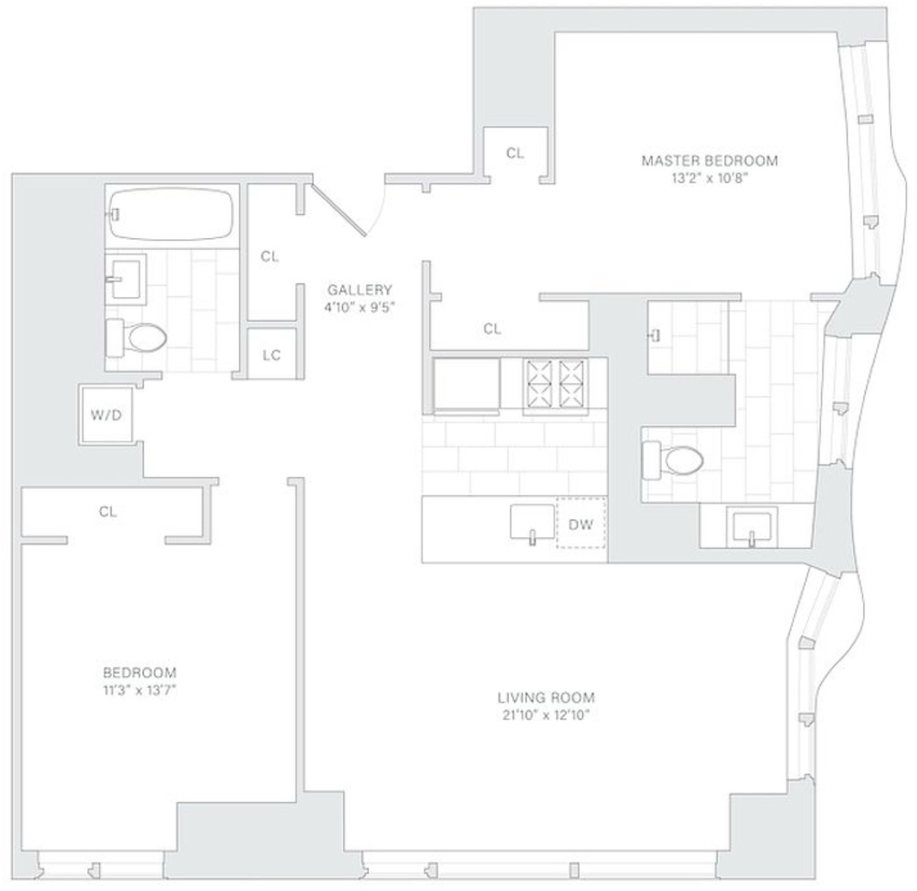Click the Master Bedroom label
pyautogui.click(x=709, y=161)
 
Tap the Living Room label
pyautogui.click(x=546, y=698)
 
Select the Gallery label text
pyautogui.click(x=360, y=290)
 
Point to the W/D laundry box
pyautogui.click(x=106, y=416)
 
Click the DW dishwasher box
pyautogui.click(x=580, y=523)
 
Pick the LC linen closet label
pyautogui.click(x=272, y=356)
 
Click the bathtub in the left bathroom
pyautogui.click(x=172, y=213)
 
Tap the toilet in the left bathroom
pyautogui.click(x=136, y=338)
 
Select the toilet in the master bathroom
pyautogui.click(x=673, y=460)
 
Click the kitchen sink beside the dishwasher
pyautogui.click(x=532, y=523)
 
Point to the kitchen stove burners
pyautogui.click(x=556, y=383)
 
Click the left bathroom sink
pyautogui.click(x=125, y=279)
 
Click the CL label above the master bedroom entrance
pyautogui.click(x=515, y=153)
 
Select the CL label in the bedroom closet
pyautogui.click(x=107, y=512)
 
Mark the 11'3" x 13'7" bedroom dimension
pyautogui.click(x=139, y=690)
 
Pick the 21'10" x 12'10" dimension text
pyautogui.click(x=546, y=715)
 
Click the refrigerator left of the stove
pyautogui.click(x=467, y=383)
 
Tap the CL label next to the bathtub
pyautogui.click(x=270, y=257)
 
